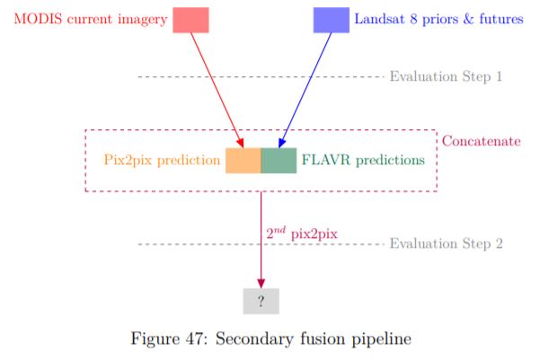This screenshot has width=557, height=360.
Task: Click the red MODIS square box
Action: coord(190,19)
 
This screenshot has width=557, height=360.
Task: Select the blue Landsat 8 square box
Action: coord(331,19)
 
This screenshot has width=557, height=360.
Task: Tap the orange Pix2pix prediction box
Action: coord(243,161)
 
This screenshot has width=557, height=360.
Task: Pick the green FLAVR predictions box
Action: coord(278,161)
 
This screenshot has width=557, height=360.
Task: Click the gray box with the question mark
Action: coord(261,302)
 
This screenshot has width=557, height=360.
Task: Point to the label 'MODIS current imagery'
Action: coord(91,19)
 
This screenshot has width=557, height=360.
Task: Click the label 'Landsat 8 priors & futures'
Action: coord(438,19)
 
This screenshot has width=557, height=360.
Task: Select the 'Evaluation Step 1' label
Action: coord(446,76)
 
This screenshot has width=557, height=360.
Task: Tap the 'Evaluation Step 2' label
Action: coord(446,243)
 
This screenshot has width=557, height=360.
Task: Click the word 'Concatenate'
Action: coord(481,141)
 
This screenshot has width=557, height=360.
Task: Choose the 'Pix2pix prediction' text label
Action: coord(163,161)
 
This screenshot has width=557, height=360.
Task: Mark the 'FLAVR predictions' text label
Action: coord(363,161)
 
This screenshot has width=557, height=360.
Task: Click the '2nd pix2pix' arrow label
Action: coord(302,233)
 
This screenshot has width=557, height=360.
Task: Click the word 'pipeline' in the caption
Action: coord(382,339)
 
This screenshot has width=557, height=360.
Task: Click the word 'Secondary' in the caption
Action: coord(253,338)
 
